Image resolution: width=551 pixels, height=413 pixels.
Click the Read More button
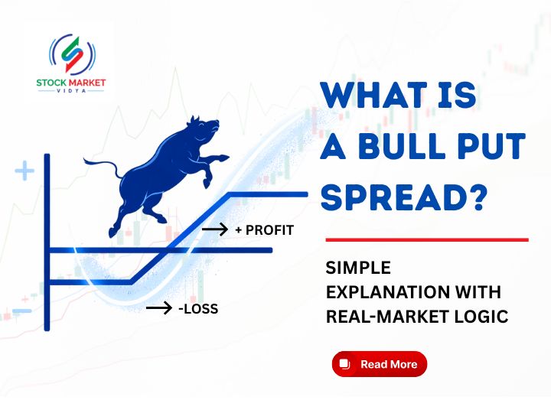coord(379,364)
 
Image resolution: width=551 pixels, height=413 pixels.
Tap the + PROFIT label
coord(264,229)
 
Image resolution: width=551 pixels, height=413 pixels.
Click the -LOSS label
coord(198,309)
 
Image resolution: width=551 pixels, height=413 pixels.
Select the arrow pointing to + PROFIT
coord(214,229)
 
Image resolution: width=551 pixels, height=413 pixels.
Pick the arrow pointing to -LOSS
coord(158,308)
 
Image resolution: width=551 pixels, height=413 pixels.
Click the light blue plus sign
coord(24,171)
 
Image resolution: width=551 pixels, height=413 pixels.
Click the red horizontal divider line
coord(426,239)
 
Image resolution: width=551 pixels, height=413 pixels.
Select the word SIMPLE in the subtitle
coord(358,268)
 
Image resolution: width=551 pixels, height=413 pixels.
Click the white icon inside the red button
coord(344,364)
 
